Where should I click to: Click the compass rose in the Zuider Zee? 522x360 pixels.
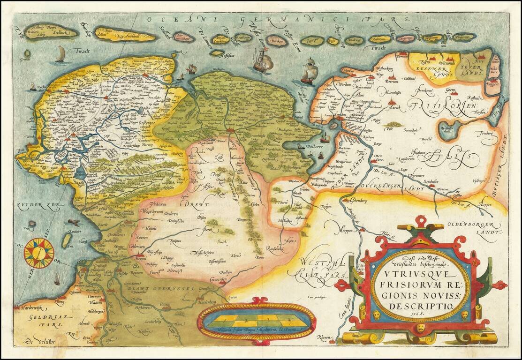pos(39,250)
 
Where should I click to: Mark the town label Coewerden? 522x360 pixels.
pos(216,279)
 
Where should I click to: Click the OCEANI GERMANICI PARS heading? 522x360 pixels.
pos(277,19)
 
